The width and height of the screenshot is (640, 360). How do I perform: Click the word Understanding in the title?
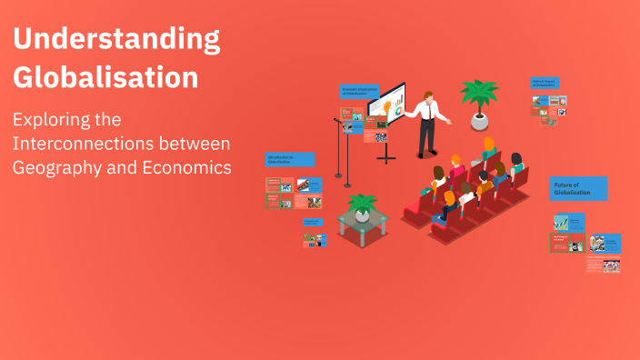116,40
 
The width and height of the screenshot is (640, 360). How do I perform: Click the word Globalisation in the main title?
105,76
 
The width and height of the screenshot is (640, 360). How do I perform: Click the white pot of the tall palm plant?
479,121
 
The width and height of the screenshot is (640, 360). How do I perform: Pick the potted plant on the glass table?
363,207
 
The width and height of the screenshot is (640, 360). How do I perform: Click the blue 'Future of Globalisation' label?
578,188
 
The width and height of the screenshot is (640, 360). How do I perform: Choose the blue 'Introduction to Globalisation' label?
290,159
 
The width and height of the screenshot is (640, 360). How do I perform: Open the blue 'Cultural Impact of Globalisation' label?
545,83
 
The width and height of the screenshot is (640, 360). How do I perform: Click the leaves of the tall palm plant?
479,94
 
